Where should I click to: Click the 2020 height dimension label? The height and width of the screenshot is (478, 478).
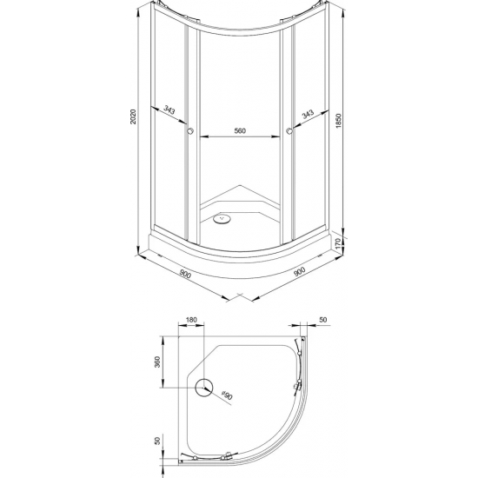[134, 116]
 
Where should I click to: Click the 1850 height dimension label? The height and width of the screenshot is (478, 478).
[339, 121]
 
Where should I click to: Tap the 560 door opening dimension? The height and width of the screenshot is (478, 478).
[240, 130]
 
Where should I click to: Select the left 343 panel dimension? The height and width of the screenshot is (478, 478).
[169, 110]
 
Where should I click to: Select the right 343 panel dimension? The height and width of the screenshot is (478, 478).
[308, 114]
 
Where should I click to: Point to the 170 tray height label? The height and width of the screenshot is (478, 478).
[337, 244]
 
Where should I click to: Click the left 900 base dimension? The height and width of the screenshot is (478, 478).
[185, 275]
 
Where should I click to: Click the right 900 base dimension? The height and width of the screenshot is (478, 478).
[299, 271]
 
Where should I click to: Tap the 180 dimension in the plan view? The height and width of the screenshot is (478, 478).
[191, 320]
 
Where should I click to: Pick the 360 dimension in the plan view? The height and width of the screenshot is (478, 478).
[157, 362]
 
